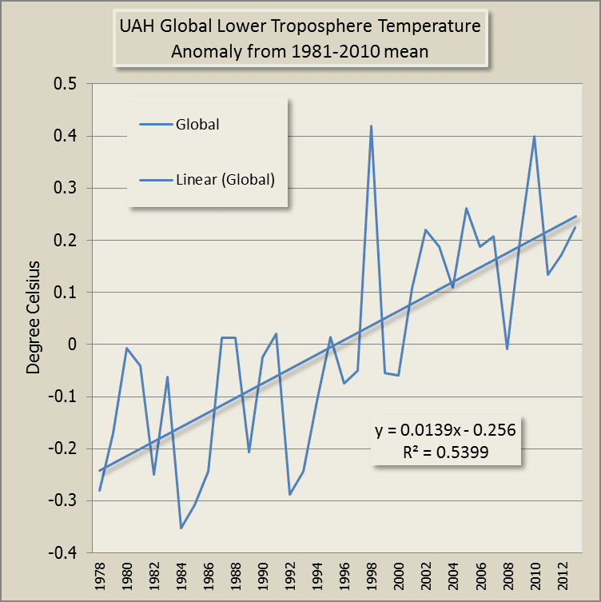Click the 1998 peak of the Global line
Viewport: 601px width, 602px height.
point(372,126)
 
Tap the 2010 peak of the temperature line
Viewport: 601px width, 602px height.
point(534,136)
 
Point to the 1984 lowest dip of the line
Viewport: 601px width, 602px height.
point(181,528)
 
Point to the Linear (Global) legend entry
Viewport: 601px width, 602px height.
point(225,180)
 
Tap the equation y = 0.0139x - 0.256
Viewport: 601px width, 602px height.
point(445,429)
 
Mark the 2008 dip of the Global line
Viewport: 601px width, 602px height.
point(507,349)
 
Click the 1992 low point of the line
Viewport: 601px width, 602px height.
point(290,494)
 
